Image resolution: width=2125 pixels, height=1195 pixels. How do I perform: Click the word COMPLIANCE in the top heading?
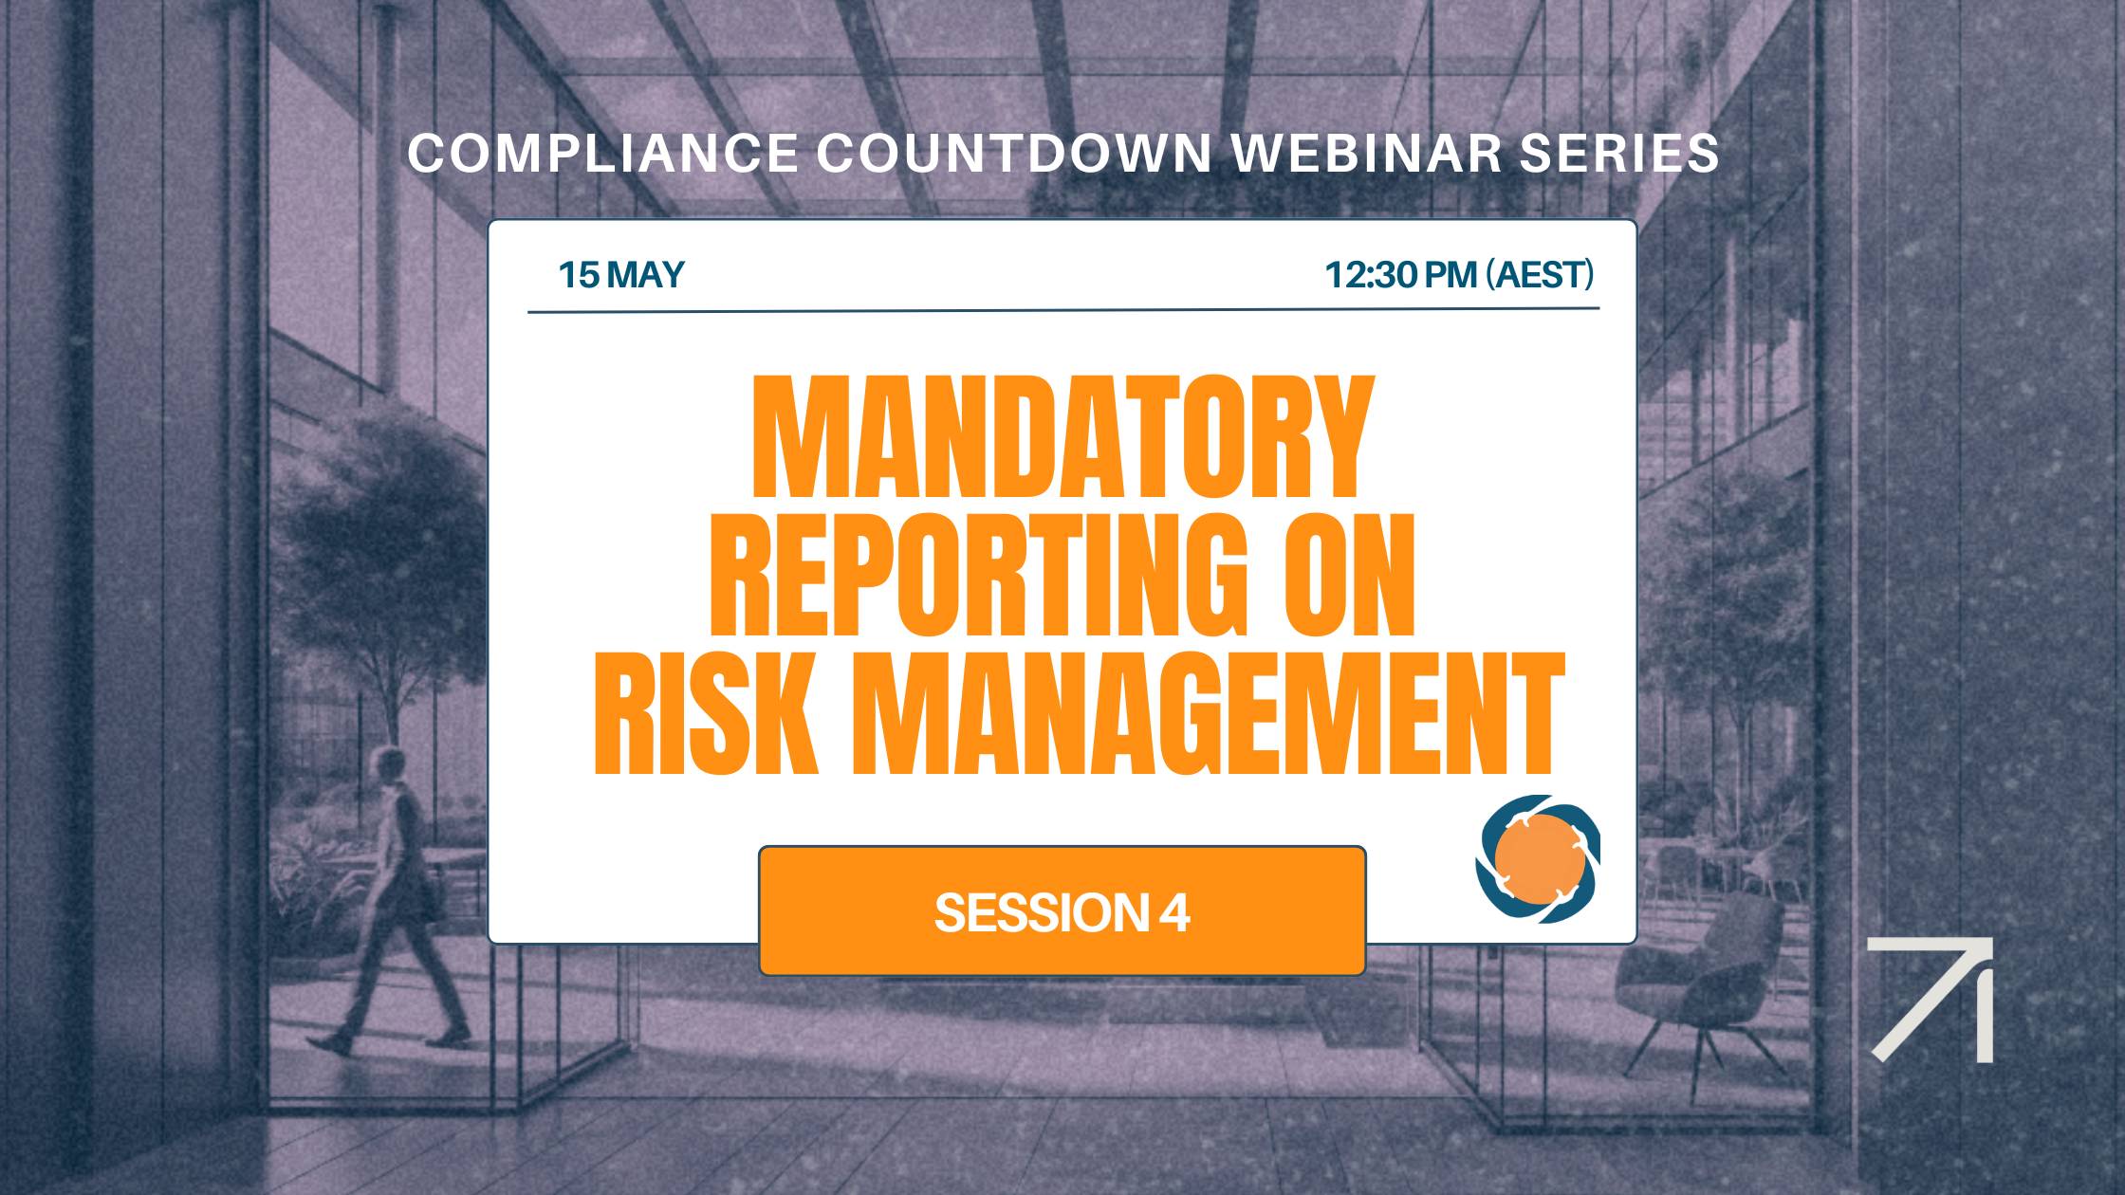[602, 153]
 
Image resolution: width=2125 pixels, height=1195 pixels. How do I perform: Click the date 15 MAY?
[620, 275]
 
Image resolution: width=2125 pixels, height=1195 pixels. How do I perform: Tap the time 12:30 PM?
[1400, 275]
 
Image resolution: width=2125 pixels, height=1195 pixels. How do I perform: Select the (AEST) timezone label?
[1539, 275]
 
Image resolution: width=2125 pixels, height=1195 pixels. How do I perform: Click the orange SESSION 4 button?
[1062, 910]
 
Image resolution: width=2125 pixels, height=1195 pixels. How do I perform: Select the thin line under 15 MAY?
[1062, 310]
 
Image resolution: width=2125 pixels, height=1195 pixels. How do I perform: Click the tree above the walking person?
[379, 531]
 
